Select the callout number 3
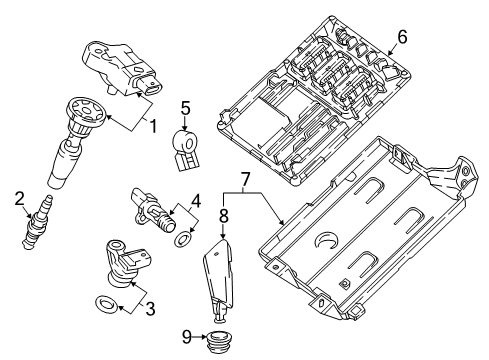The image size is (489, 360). coord(150,311)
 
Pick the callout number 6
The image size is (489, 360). coord(401,37)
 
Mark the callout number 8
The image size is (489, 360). coord(224,214)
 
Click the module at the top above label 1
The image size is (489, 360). coord(123,67)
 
